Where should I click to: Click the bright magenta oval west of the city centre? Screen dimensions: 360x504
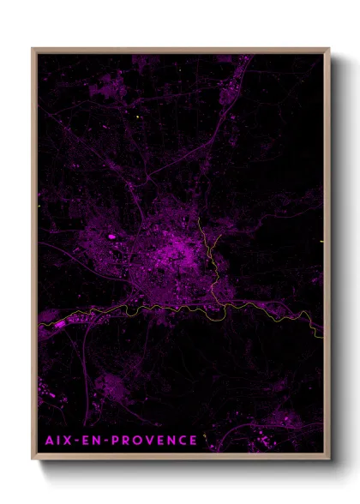(111, 236)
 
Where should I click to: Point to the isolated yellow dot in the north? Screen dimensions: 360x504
(136, 117)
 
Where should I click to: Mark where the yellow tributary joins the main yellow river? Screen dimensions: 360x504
(225, 303)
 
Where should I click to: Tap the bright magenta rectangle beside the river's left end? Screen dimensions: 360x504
(61, 324)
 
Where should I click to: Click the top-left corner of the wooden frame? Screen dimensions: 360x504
(33, 49)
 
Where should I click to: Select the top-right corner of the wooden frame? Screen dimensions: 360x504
(329, 49)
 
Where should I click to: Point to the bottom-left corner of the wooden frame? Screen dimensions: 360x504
(33, 460)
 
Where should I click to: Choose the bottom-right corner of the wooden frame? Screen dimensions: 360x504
(329, 460)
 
